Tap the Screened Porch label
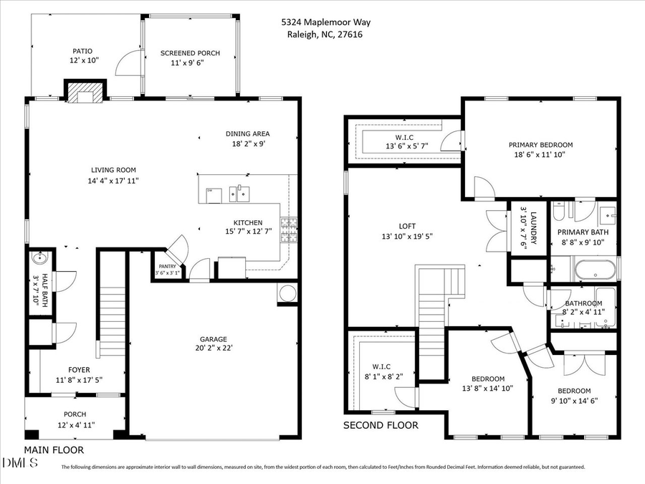click(190, 53)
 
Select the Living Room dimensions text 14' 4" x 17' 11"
click(114, 180)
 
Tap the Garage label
click(213, 339)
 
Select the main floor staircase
click(111, 315)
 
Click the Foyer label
click(79, 370)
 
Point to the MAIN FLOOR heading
click(54, 450)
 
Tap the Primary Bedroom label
click(540, 144)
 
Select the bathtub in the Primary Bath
click(594, 270)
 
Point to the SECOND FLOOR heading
click(381, 425)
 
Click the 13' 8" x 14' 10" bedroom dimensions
click(487, 389)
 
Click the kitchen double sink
click(239, 192)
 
